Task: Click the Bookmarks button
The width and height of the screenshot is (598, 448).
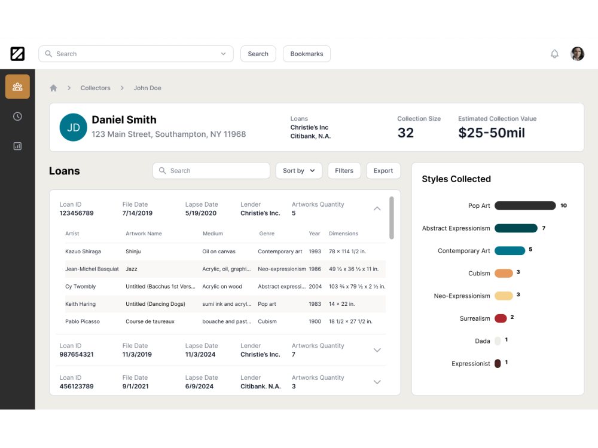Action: tap(306, 54)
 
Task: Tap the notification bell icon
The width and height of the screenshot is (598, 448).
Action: tap(554, 54)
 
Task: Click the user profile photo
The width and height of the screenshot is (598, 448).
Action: tap(577, 54)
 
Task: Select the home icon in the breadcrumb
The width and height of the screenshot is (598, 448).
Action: tap(53, 88)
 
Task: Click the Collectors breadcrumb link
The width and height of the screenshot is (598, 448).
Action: tap(96, 88)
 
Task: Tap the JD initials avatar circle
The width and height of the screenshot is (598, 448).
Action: tap(74, 127)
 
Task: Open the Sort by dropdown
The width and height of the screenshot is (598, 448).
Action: tap(298, 171)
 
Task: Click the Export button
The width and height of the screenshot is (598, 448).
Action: tap(383, 171)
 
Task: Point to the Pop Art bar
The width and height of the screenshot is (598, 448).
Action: tap(525, 205)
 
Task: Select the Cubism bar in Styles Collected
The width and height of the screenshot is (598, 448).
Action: tap(504, 273)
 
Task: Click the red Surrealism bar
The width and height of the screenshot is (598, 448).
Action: tap(501, 318)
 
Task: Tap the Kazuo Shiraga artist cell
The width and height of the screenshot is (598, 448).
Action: tap(83, 251)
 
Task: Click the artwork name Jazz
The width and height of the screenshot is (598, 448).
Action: tap(132, 269)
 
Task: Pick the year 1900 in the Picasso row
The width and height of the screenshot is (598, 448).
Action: tap(315, 321)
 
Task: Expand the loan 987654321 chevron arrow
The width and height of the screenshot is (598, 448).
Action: tap(377, 350)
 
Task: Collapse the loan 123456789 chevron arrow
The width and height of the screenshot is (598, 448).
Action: tap(377, 208)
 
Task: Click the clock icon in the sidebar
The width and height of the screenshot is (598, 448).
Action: tap(17, 116)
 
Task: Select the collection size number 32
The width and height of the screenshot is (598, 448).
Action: tap(405, 133)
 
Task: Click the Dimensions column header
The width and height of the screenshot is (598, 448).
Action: tap(343, 234)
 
